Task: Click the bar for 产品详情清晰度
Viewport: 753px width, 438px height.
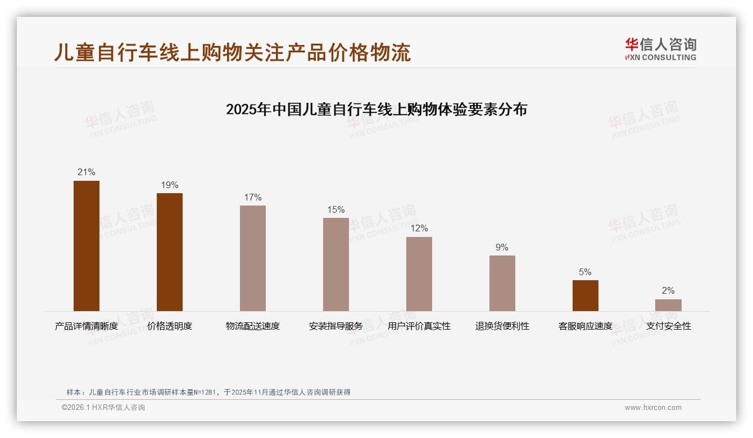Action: tap(87, 245)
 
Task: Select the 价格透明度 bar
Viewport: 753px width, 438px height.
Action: tap(170, 252)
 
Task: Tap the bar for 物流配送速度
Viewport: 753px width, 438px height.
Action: tap(253, 258)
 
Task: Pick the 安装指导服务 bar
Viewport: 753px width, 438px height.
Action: tap(336, 264)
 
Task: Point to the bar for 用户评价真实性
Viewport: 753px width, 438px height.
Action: tap(419, 273)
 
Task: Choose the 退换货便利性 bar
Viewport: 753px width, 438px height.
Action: tap(502, 283)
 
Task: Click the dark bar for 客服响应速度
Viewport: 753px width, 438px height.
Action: tap(585, 295)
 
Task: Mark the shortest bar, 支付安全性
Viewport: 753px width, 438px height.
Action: tap(668, 305)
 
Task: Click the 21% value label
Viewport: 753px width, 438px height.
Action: tap(87, 172)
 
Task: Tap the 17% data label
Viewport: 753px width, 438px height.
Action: tap(253, 197)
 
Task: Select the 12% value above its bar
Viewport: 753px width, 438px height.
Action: tap(419, 229)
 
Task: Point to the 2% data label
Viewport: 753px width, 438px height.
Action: tap(668, 291)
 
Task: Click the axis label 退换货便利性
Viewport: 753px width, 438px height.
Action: tap(502, 326)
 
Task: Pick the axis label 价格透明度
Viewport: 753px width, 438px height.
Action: tap(170, 326)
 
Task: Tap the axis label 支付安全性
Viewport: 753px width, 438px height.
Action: tap(668, 326)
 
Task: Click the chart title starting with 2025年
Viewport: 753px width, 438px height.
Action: tap(376, 109)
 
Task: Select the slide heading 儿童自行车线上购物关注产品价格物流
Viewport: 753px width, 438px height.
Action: tap(233, 52)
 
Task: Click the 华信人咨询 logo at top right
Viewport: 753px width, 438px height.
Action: tap(660, 49)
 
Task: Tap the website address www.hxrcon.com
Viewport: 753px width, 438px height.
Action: tap(653, 408)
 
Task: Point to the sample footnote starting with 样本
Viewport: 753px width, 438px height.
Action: tap(208, 393)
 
